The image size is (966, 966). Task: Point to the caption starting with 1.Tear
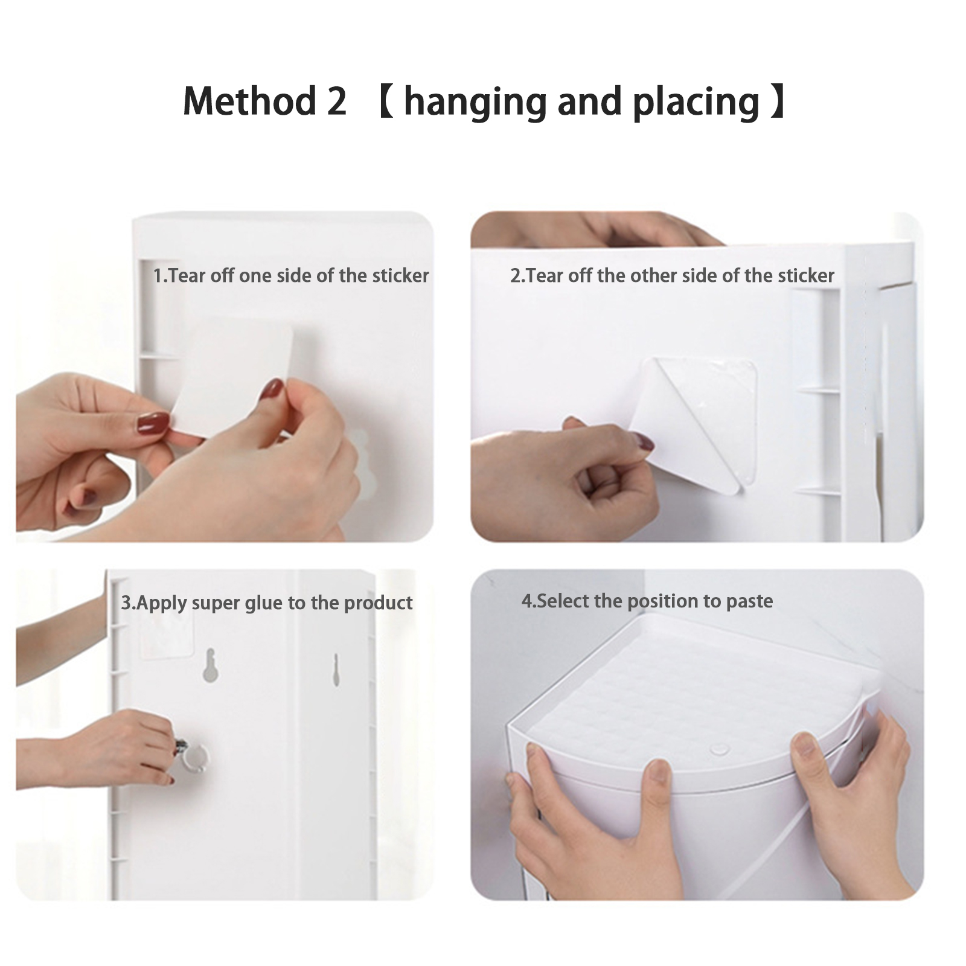pos(290,276)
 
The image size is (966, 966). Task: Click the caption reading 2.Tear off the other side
pos(672,276)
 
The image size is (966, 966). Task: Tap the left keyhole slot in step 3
pos(209,666)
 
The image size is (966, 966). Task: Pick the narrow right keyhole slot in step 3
pos(336,670)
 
